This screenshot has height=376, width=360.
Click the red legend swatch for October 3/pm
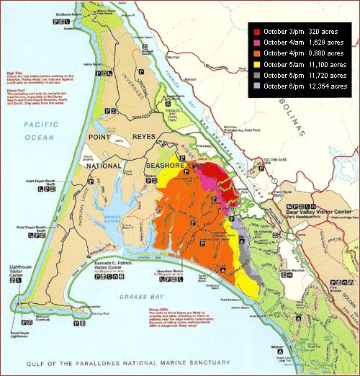click(255, 32)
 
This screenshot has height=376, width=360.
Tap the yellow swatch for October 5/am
click(255, 65)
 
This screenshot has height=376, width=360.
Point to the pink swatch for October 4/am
click(255, 42)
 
